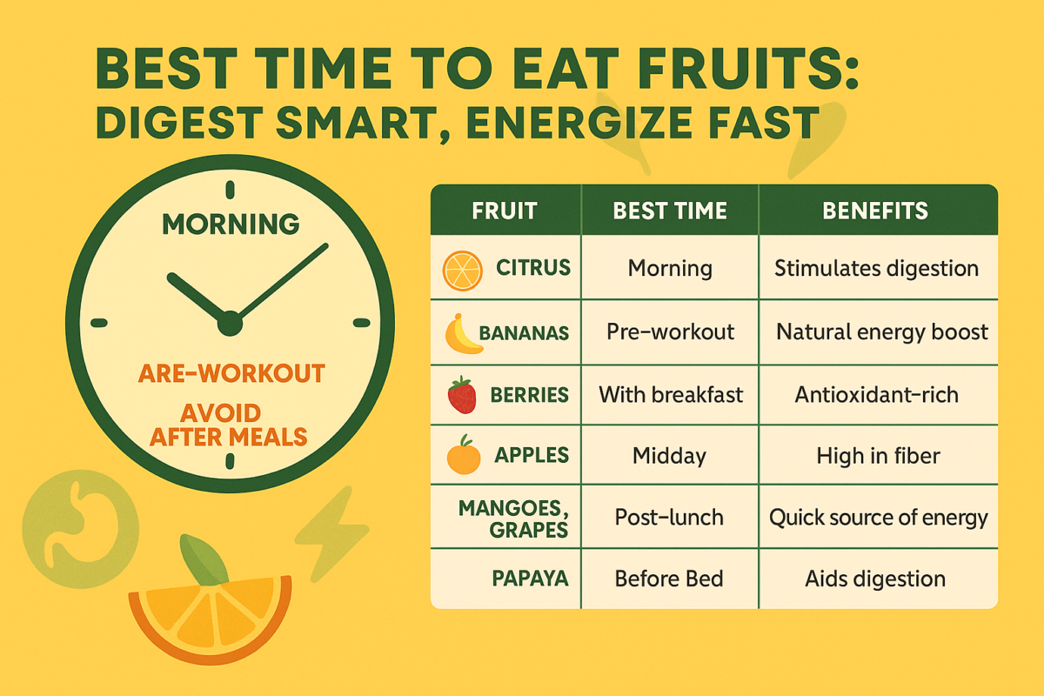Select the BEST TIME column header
pyautogui.click(x=670, y=211)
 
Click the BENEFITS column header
pyautogui.click(x=875, y=211)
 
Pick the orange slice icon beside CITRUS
pyautogui.click(x=462, y=271)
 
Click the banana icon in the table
pyautogui.click(x=462, y=334)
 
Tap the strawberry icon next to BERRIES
pyautogui.click(x=462, y=395)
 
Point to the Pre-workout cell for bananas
pyautogui.click(x=670, y=332)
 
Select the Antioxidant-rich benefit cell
pyautogui.click(x=877, y=395)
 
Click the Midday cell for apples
pyautogui.click(x=669, y=456)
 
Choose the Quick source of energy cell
pyautogui.click(x=878, y=519)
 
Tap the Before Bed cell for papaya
pyautogui.click(x=669, y=579)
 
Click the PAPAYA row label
pyautogui.click(x=530, y=579)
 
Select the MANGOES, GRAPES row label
pyautogui.click(x=513, y=519)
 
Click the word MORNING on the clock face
pyautogui.click(x=231, y=224)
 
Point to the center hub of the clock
pyautogui.click(x=231, y=324)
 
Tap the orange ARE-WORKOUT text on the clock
pyautogui.click(x=231, y=373)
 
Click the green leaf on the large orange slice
pyautogui.click(x=204, y=559)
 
